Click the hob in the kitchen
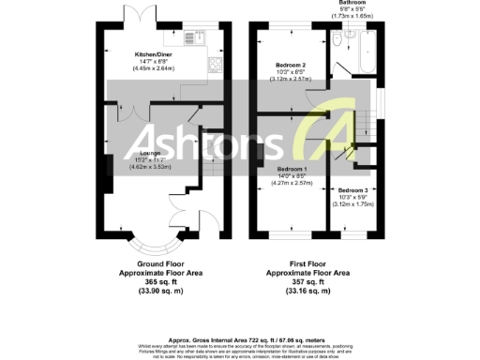(216, 66)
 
